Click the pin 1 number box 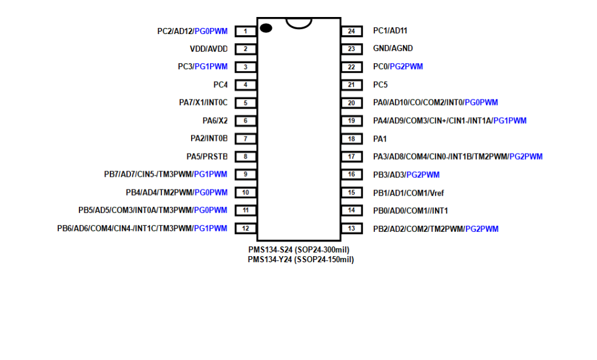(x=246, y=31)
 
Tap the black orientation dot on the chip (x=266, y=28)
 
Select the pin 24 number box (x=351, y=31)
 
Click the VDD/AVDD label (x=209, y=49)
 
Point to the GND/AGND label (x=393, y=49)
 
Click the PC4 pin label (x=220, y=84)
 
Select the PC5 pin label (x=380, y=84)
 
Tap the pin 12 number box (x=246, y=228)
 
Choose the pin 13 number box (x=351, y=228)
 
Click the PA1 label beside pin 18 (x=380, y=139)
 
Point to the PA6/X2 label (x=215, y=121)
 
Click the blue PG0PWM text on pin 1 (x=211, y=31)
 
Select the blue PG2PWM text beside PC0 (x=406, y=67)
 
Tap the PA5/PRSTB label (x=207, y=157)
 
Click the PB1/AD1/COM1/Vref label (x=408, y=193)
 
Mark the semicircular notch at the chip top (x=299, y=23)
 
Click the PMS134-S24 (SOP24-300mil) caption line (x=299, y=250)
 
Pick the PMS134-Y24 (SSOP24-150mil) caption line (x=301, y=260)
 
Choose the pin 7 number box (x=246, y=138)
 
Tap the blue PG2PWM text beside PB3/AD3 (x=423, y=175)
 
